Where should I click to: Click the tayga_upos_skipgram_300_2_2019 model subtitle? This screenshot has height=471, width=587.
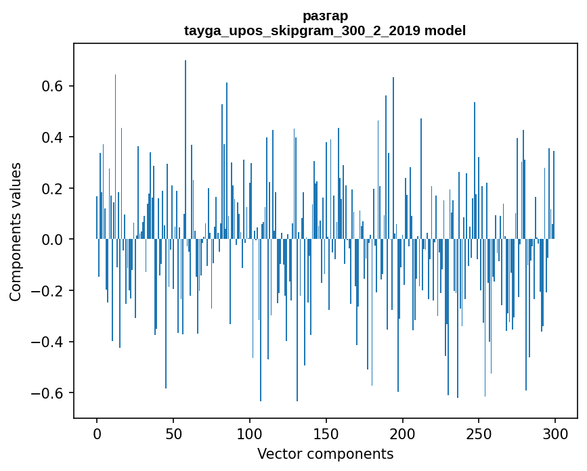point(325,31)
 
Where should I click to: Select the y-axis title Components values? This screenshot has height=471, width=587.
point(16,231)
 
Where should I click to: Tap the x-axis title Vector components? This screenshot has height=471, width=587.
point(325,453)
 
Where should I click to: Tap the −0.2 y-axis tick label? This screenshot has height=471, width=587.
point(49,291)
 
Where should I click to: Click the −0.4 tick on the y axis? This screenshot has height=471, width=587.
point(49,342)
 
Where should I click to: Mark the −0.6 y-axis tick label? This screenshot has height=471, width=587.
point(49,393)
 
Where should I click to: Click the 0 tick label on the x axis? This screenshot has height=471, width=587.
point(97,433)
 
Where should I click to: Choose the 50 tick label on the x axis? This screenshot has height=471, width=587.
point(173,433)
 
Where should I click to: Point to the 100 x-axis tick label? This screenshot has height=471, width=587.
point(250,433)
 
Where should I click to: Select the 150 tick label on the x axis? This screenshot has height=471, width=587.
point(326,433)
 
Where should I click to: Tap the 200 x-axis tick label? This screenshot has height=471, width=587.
point(403,433)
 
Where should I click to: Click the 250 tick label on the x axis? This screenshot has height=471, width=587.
point(479,433)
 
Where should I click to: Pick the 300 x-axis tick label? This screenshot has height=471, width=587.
point(555,433)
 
